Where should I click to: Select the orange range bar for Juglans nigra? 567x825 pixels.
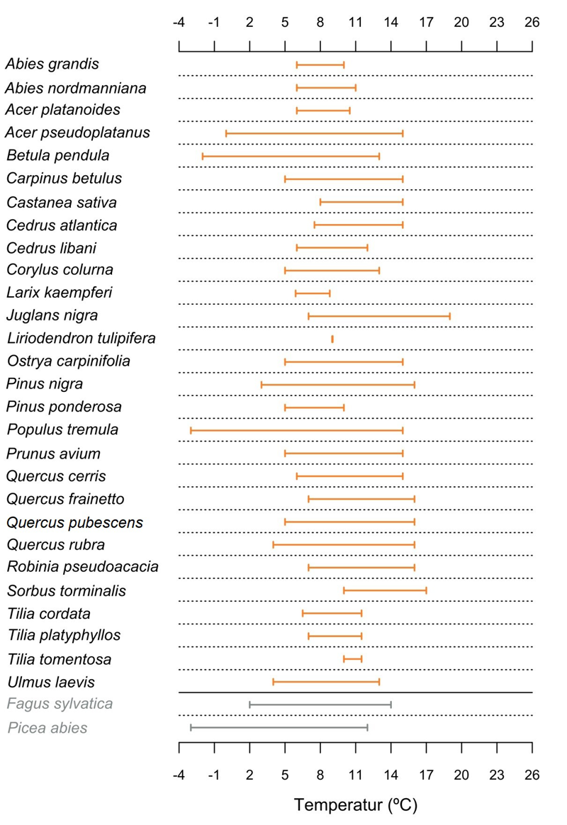click(379, 316)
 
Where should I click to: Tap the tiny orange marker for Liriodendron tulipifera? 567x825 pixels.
click(332, 339)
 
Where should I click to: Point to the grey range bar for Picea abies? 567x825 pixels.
click(279, 727)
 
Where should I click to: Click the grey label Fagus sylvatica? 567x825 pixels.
click(60, 705)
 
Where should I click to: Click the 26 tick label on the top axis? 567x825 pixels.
click(532, 23)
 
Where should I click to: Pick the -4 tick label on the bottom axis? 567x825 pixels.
click(179, 775)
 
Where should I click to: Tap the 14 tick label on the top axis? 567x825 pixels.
click(391, 23)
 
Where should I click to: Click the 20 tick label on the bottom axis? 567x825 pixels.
click(461, 775)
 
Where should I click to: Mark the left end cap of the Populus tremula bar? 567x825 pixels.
click(191, 430)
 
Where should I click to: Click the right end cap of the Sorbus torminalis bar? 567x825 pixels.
click(426, 590)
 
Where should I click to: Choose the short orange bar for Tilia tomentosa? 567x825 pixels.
click(352, 659)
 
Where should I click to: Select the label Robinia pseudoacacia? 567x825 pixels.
click(83, 568)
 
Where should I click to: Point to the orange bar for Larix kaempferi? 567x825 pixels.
click(313, 293)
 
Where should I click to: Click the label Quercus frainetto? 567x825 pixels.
click(65, 500)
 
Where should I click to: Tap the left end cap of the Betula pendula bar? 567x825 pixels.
click(203, 156)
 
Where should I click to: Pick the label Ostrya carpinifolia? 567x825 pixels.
click(68, 361)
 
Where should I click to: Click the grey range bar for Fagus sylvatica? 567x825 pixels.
click(320, 705)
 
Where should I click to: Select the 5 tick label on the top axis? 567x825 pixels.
click(285, 23)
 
